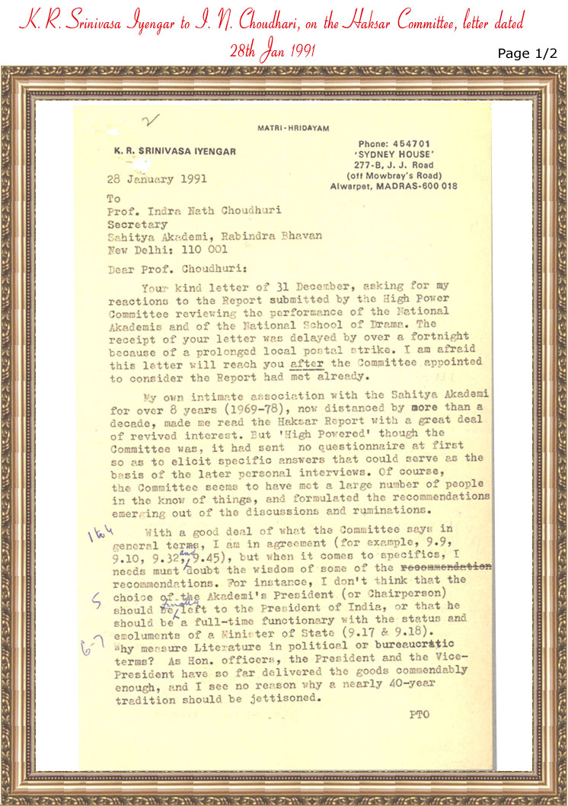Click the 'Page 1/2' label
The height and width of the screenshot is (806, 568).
tap(528, 53)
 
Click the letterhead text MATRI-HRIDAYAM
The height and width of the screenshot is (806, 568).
tap(293, 129)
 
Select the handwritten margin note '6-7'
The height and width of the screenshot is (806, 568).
tap(95, 647)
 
